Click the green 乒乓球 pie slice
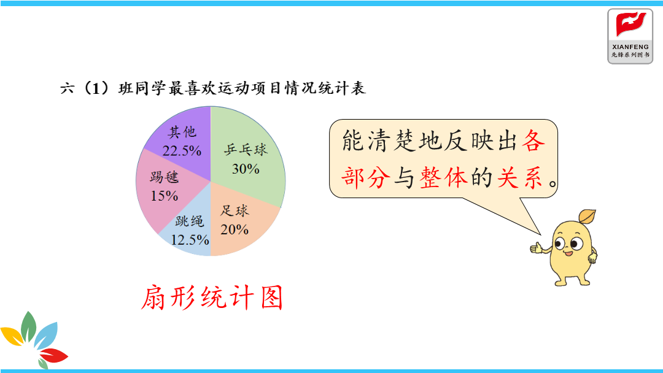[249, 156]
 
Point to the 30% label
[246, 169]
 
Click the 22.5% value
[182, 151]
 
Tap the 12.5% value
[190, 240]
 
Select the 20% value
[235, 229]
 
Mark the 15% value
[164, 196]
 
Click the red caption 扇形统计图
[211, 298]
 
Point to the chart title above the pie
[212, 88]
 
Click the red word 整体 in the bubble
[444, 177]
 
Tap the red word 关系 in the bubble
[520, 177]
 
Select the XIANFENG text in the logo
[630, 47]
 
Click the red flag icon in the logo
[630, 24]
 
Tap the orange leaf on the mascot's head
[587, 217]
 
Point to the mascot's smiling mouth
[567, 253]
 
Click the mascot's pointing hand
[536, 247]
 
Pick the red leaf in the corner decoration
[53, 355]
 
